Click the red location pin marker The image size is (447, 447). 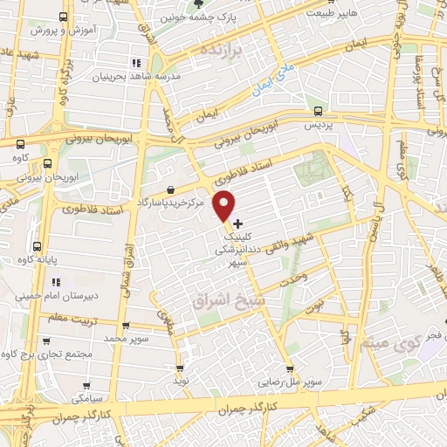[225, 205]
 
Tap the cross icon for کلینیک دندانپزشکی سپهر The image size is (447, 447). [238, 223]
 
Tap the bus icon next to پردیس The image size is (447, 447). [317, 111]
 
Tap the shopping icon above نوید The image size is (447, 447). [180, 368]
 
